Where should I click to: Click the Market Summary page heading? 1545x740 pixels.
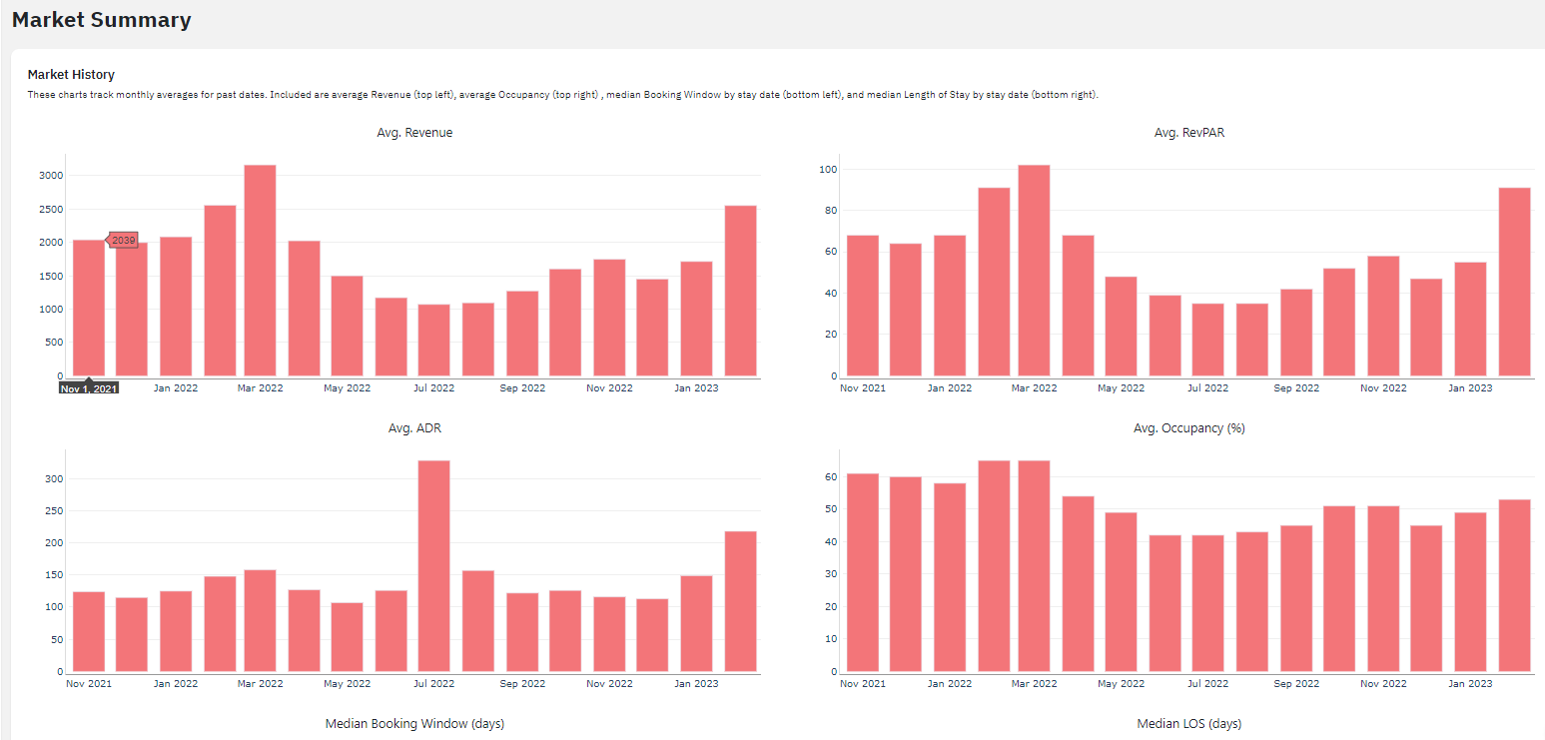(x=101, y=20)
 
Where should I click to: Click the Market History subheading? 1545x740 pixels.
(x=71, y=75)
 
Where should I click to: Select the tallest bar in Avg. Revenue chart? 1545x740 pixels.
(x=260, y=270)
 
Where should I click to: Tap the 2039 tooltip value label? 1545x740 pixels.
(x=123, y=241)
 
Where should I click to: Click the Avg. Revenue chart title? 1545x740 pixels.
(x=414, y=133)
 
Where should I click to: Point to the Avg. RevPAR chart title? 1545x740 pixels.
(x=1188, y=133)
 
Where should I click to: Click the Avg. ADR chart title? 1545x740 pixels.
(x=414, y=428)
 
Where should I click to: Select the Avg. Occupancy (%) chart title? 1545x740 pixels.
(x=1188, y=428)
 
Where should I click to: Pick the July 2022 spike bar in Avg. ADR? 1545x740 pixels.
(x=433, y=565)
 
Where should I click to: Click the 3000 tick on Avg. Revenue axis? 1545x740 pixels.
(x=51, y=176)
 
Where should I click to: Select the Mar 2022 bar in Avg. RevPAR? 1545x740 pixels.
(x=1034, y=270)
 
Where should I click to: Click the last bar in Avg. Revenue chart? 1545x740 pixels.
(x=740, y=290)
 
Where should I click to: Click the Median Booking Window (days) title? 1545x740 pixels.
(x=414, y=724)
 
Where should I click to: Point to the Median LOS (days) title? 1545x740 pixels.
(x=1188, y=724)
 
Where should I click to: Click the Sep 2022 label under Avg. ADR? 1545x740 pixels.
(x=522, y=684)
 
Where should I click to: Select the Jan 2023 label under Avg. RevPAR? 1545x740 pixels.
(x=1470, y=388)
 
